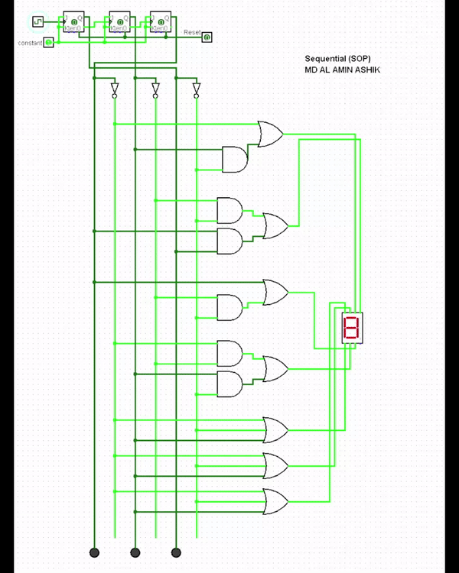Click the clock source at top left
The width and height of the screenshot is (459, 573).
coord(37,21)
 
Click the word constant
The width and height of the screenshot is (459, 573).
coord(30,43)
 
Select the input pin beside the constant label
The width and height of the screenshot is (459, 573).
coord(49,42)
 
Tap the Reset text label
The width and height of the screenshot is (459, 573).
coord(192,33)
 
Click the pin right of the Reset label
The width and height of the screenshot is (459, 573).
coord(207,37)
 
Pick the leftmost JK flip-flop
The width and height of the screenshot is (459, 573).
coord(74,21)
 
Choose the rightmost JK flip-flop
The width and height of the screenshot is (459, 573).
coord(161,21)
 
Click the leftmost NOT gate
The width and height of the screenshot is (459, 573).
coord(115,90)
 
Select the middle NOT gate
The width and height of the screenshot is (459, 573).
coord(155,90)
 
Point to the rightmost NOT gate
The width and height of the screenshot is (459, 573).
coord(197,90)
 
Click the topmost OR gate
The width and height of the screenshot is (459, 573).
coord(270,134)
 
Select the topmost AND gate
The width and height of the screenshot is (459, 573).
coord(234,159)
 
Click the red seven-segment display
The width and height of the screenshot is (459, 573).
coord(351,327)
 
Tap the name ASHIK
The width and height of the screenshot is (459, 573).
coord(366,70)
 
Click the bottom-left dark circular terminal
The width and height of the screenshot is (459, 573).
coord(95,552)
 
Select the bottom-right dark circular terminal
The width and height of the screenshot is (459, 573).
coord(176,552)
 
